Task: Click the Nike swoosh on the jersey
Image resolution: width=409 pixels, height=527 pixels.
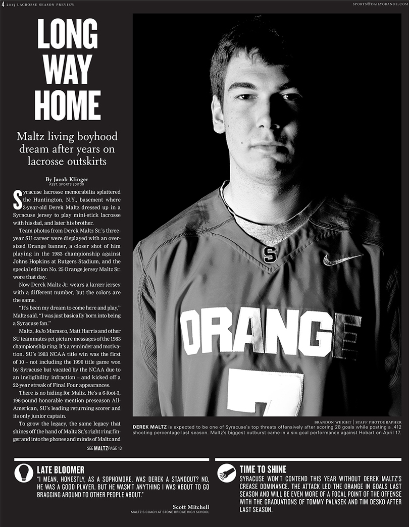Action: click(x=342, y=258)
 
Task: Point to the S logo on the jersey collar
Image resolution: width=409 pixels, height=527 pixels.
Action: click(x=270, y=253)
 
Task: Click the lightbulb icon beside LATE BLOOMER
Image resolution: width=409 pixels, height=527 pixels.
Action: click(x=23, y=472)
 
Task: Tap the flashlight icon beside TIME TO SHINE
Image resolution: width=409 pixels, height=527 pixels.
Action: click(x=227, y=472)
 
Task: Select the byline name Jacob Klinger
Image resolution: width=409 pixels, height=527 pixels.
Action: click(x=71, y=179)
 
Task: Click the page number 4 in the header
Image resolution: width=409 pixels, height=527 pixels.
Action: click(x=3, y=4)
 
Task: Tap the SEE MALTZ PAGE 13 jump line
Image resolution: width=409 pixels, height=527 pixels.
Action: click(x=104, y=448)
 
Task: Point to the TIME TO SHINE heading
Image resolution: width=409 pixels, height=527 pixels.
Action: click(x=263, y=469)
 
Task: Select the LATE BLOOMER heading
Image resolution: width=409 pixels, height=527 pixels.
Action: click(x=60, y=469)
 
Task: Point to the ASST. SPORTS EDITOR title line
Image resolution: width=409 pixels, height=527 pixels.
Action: click(x=71, y=185)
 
